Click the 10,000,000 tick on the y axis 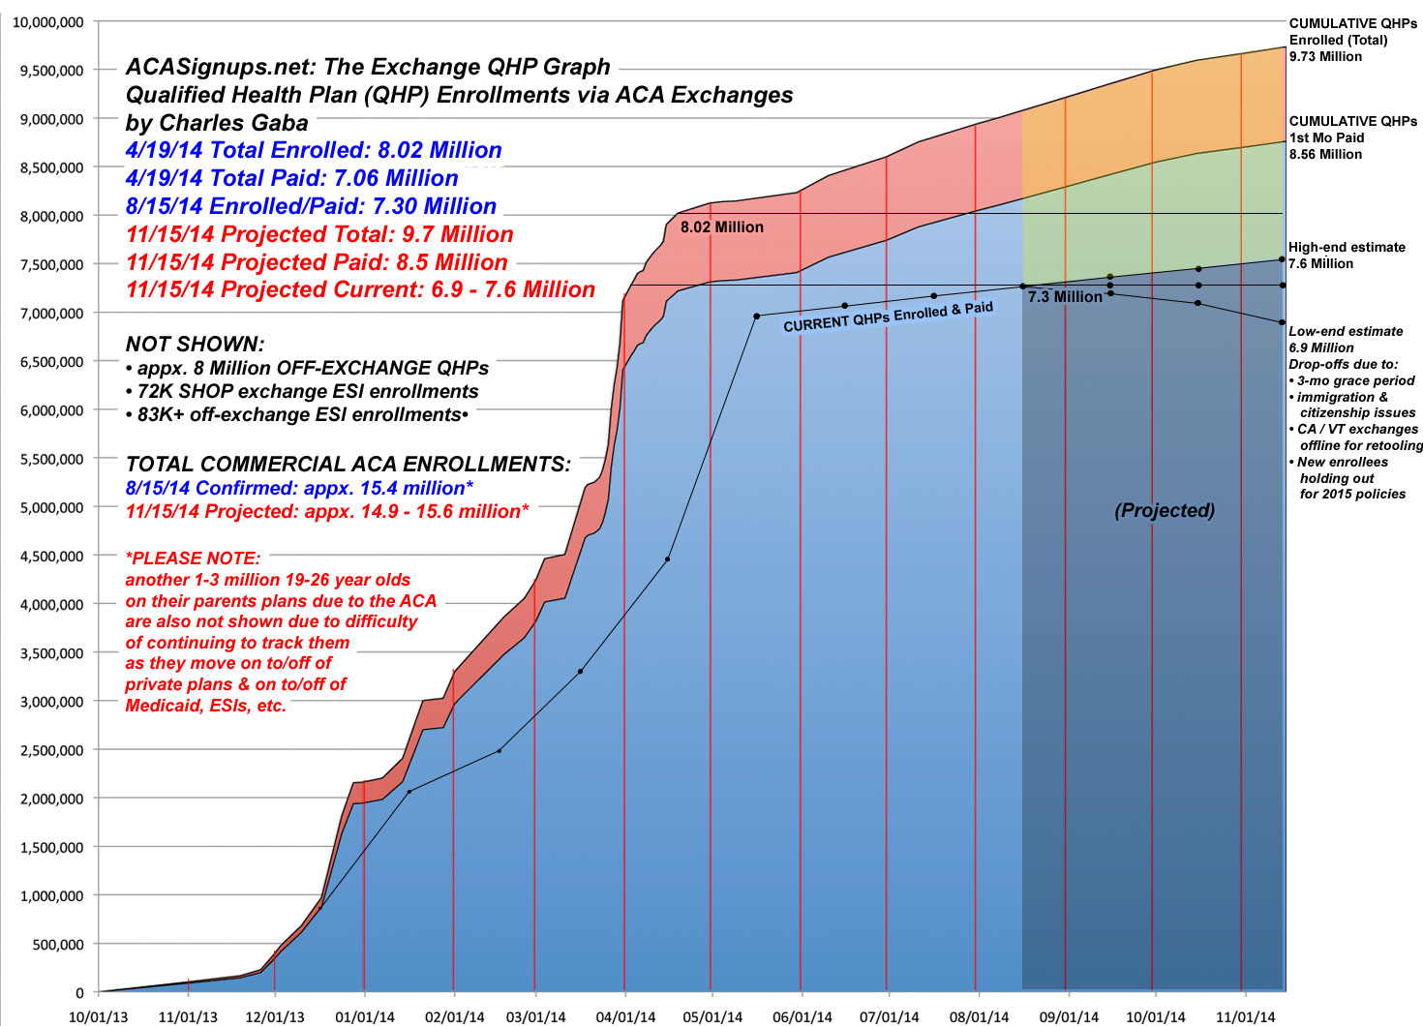pos(47,22)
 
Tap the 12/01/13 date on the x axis pos(275,1017)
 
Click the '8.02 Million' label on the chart pos(721,227)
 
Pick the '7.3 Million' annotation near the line pos(1065,297)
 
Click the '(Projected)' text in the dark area pos(1164,511)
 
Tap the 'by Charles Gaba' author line pos(217,123)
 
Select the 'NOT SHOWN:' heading pos(195,345)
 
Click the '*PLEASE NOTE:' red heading pos(193,558)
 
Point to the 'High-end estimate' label pos(1347,248)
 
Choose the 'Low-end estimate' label pos(1346,331)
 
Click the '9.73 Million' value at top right pos(1325,56)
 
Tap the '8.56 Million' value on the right pos(1325,154)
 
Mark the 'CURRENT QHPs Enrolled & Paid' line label pos(888,317)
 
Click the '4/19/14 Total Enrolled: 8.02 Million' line pos(314,150)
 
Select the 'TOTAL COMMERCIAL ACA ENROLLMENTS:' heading pos(348,465)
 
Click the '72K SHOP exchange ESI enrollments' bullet pos(302,392)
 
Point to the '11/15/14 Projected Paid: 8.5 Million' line pos(317,262)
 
